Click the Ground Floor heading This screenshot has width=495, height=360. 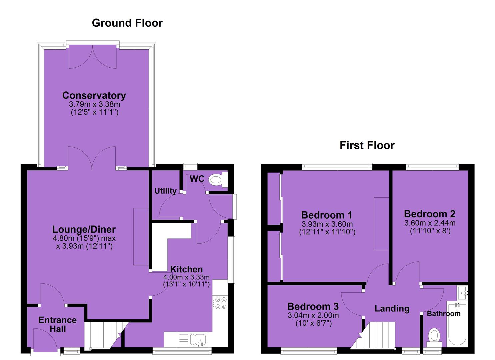[x=127, y=23]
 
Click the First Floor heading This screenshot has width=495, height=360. [x=367, y=145]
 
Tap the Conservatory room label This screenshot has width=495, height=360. [x=94, y=95]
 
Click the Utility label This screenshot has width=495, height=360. [x=165, y=191]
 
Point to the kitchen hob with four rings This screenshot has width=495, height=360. [x=220, y=303]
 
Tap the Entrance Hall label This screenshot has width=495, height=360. [x=58, y=324]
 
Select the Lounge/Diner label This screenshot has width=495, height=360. [x=84, y=230]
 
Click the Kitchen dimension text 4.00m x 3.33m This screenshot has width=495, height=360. [x=186, y=277]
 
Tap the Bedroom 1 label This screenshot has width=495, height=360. [x=327, y=215]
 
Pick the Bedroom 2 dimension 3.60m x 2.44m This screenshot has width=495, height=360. [x=430, y=223]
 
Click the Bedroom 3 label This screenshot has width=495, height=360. [x=313, y=307]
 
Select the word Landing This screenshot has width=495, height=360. [x=392, y=309]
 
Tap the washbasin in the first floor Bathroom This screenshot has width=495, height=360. [x=462, y=293]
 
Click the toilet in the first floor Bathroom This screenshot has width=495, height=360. [x=434, y=338]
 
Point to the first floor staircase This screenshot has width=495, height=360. [x=373, y=335]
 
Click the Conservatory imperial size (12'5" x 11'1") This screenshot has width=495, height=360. [x=95, y=112]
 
